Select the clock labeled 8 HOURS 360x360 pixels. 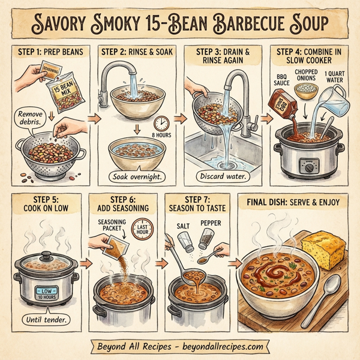point(160,124)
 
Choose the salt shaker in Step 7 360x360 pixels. point(186,241)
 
